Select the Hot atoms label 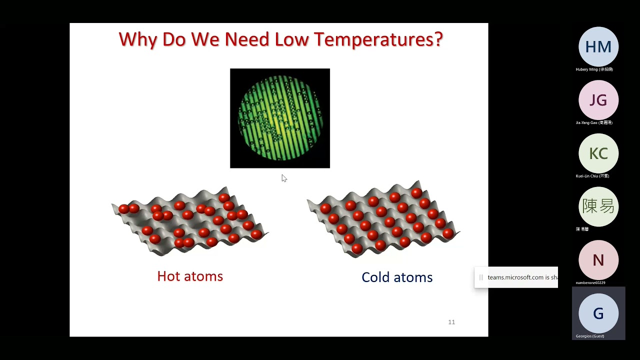pos(190,276)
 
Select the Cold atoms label pos(397,277)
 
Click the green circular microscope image pos(280,118)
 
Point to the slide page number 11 pos(451,322)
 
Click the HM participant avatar pos(598,47)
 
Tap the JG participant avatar pos(598,100)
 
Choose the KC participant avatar pos(598,153)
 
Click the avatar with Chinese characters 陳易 pos(598,206)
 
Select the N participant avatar pos(598,260)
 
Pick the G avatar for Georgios pos(598,313)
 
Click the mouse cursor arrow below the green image pos(283,178)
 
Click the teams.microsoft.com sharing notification pos(520,277)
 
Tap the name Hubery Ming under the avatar pos(594,69)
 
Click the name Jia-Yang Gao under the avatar pos(594,122)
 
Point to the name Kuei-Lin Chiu pos(592,176)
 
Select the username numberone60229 pos(590,282)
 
